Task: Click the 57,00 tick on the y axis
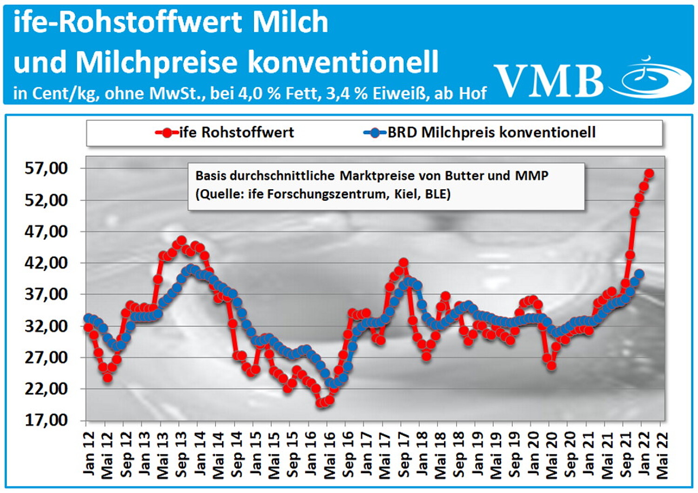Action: (46, 168)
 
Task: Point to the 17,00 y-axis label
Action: (46, 420)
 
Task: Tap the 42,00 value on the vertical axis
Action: (46, 263)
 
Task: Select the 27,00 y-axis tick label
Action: (46, 357)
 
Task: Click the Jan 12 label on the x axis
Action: (88, 453)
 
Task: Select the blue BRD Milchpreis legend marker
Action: (375, 133)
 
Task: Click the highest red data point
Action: (649, 173)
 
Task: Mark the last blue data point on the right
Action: (639, 274)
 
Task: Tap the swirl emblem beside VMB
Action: (656, 78)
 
